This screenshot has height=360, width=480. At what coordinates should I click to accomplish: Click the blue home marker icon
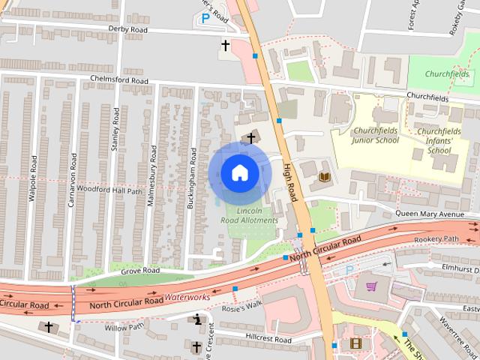pos(239,173)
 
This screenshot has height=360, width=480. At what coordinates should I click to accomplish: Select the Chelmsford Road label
pos(119,79)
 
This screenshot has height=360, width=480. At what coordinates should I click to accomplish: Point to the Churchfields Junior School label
pos(376,135)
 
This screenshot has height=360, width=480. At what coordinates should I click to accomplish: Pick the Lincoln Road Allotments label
pos(249,216)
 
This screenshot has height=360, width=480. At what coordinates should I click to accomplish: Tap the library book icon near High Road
pos(325,177)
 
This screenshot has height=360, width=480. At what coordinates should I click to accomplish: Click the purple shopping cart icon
pos(371,286)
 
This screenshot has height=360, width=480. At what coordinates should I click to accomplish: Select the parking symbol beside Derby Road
pos(205,18)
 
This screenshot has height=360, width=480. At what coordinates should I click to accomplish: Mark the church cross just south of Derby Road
pos(225,46)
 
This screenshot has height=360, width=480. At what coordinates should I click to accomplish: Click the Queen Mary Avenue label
pos(430,214)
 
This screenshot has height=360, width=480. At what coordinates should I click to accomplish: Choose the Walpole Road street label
pos(33,178)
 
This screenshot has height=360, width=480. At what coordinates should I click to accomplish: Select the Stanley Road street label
pos(115,130)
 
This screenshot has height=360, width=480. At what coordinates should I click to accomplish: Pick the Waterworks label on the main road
pos(189,298)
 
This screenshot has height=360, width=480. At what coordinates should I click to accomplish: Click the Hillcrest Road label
pos(267,340)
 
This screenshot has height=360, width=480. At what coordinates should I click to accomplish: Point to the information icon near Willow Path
pos(198,320)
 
